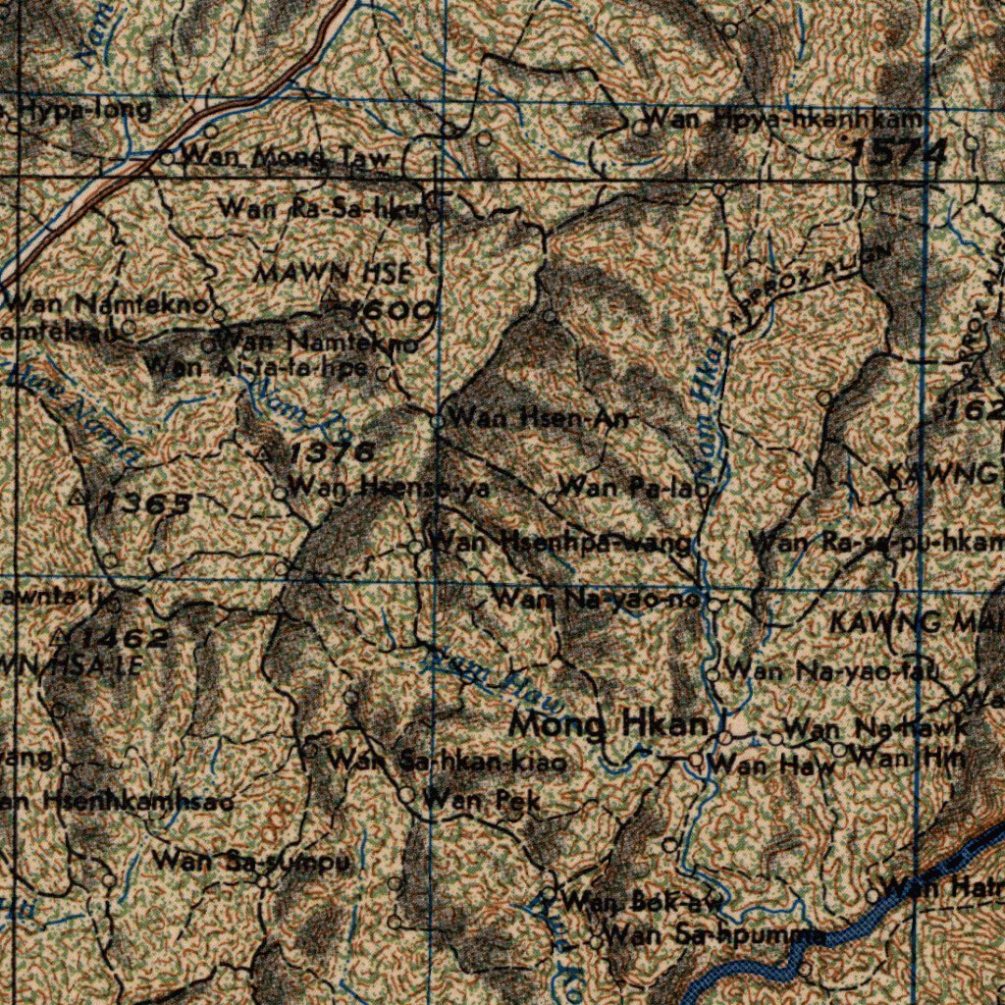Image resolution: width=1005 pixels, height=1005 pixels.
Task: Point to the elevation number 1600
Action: click(391, 312)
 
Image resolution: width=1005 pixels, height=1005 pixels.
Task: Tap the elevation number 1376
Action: click(331, 452)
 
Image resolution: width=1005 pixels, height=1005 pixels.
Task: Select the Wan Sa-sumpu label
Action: click(251, 862)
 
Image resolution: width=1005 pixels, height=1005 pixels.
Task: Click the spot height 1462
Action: click(124, 639)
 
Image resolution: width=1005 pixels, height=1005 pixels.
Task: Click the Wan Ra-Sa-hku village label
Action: click(322, 208)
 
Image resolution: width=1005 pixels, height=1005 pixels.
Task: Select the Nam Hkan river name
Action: click(715, 401)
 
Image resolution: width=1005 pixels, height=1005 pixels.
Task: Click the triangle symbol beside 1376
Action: click(265, 454)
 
